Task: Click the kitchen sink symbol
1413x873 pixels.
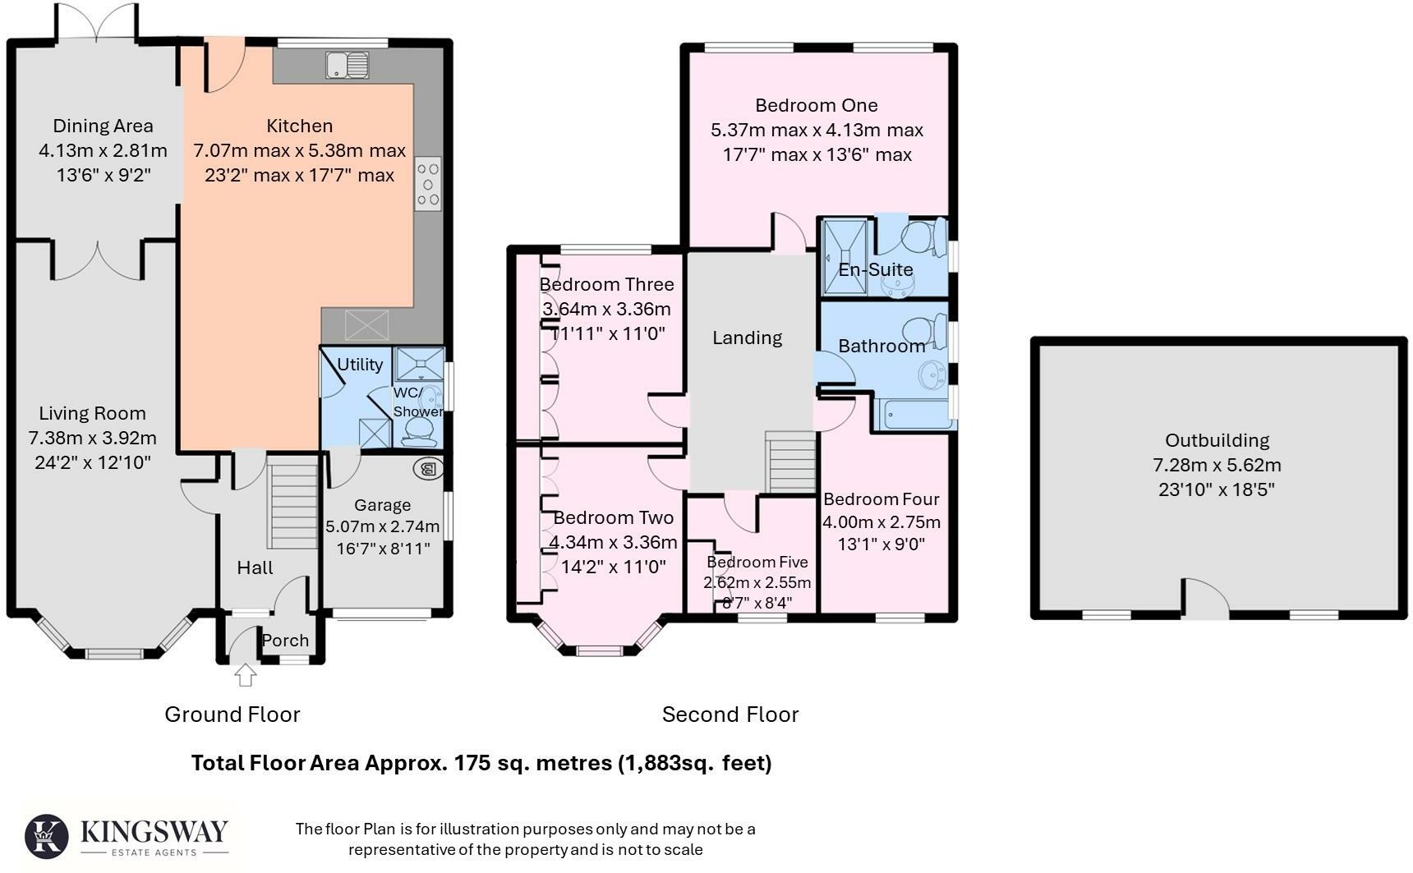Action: click(347, 65)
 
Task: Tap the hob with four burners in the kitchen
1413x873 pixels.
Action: click(427, 183)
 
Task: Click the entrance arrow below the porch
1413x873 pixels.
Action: click(245, 674)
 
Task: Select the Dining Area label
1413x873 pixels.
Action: click(103, 126)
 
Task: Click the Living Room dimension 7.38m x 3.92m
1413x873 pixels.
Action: click(92, 438)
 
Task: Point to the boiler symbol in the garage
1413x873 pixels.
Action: click(428, 469)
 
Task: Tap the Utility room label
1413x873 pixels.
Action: click(360, 364)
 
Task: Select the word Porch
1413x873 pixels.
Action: click(285, 641)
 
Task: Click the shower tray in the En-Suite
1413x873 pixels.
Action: click(845, 255)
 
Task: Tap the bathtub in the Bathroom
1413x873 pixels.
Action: click(914, 415)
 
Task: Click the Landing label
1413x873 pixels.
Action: click(747, 338)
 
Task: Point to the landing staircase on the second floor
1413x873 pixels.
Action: click(790, 462)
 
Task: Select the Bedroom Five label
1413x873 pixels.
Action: click(757, 562)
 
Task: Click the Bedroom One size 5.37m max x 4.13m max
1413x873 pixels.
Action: click(817, 130)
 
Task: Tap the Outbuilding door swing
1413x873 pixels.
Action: click(1205, 598)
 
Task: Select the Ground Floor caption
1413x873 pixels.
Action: click(232, 714)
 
